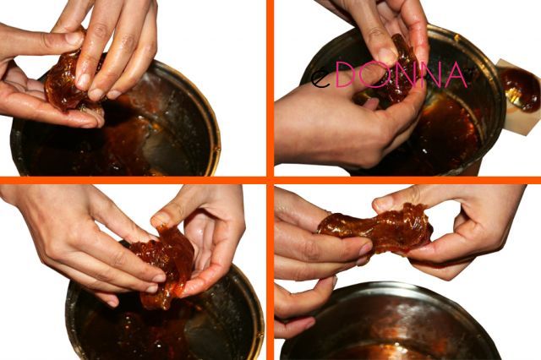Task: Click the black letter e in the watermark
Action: point(320,79)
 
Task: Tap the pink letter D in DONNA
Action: point(346,75)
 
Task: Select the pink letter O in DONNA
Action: point(374,75)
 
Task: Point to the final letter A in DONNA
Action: point(456,75)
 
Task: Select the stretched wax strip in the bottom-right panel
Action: point(376,228)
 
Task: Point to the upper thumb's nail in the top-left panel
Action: point(74,39)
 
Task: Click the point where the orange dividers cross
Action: point(270,180)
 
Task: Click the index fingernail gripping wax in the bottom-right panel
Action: point(365,249)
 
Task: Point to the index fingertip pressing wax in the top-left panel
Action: point(84,82)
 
